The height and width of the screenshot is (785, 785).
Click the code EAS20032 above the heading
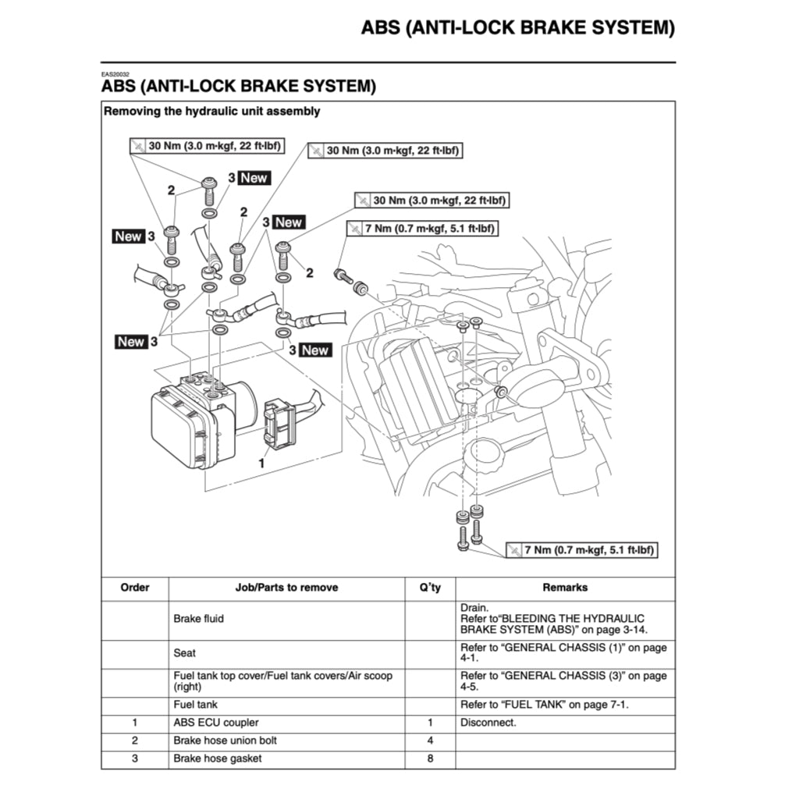[115, 74]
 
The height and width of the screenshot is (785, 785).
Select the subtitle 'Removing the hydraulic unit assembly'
[211, 112]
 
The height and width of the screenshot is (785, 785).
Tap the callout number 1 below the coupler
[261, 463]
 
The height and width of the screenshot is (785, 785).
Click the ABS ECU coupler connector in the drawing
[279, 424]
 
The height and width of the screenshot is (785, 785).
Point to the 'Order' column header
[134, 588]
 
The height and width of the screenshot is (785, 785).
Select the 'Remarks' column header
[565, 588]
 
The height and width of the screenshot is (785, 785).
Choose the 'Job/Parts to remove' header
[286, 588]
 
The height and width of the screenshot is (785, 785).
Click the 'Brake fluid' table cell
[198, 619]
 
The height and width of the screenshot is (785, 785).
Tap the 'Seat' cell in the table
[185, 652]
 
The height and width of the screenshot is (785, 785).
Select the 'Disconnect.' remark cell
[488, 723]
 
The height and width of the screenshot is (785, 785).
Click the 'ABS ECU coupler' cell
[216, 723]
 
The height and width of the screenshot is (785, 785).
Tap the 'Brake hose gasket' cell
[218, 758]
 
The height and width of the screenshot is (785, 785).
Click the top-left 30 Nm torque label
[207, 146]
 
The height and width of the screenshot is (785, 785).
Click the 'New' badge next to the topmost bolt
[254, 178]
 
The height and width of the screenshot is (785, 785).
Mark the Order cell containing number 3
[134, 758]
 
